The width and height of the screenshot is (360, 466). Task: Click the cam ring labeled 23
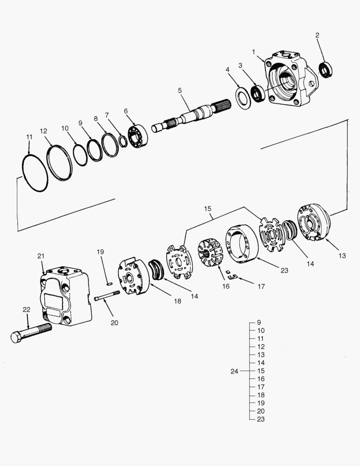coord(241,244)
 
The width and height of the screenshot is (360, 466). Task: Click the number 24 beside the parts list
coord(235,371)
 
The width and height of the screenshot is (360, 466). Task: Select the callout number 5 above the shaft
coord(180,90)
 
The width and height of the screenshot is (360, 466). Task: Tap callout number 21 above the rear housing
coord(41,256)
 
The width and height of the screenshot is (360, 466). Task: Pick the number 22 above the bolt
coord(27,309)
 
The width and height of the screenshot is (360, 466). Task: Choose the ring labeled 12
coord(59,163)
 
